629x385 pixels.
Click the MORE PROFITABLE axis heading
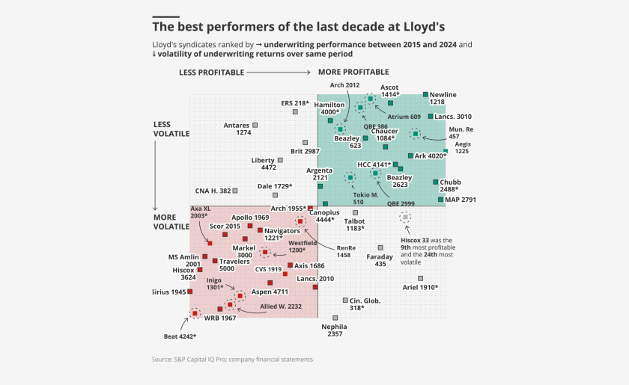click(x=353, y=72)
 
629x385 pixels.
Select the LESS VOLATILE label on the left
click(x=171, y=129)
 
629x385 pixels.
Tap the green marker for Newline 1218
click(x=426, y=94)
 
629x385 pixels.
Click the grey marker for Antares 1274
click(x=255, y=125)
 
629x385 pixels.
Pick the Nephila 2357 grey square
click(x=335, y=318)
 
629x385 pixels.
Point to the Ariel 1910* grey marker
click(x=420, y=278)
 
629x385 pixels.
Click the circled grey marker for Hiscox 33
click(x=405, y=217)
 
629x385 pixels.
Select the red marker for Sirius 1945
click(x=190, y=292)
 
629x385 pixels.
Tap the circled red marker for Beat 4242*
click(x=195, y=314)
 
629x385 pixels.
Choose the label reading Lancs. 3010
click(x=453, y=117)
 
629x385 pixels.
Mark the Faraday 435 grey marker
click(x=380, y=247)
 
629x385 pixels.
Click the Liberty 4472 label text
click(x=263, y=164)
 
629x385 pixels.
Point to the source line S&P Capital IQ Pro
click(x=232, y=360)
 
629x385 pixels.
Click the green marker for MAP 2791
click(x=441, y=200)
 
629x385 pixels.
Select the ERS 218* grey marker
click(x=295, y=111)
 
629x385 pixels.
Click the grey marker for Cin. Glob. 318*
click(x=345, y=300)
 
